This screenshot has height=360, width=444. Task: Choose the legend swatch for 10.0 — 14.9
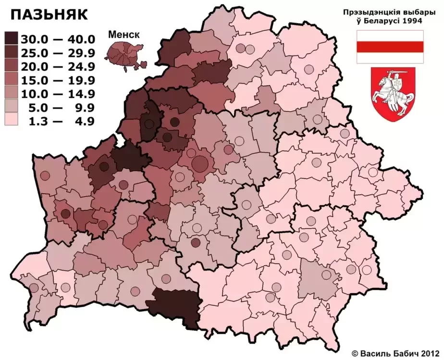12,93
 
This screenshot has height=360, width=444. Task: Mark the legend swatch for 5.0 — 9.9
12,107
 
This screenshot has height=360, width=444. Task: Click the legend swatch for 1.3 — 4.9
12,120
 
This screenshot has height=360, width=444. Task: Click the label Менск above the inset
124,35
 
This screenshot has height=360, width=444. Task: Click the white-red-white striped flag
389,47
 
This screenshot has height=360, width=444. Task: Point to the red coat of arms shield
393,94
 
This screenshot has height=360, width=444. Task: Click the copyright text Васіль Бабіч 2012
396,352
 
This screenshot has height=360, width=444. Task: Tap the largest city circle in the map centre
199,163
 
